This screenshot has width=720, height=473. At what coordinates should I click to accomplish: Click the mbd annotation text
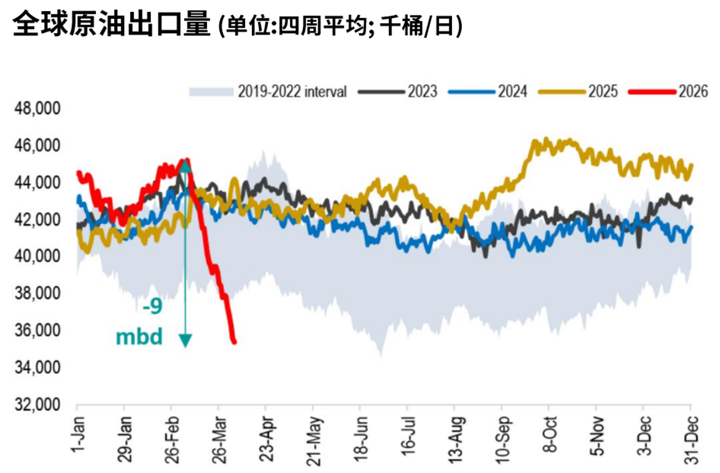tap(139, 337)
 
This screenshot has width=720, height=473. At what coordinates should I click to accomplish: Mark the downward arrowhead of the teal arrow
tap(185, 340)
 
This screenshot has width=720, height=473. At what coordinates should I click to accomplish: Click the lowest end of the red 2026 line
tap(234, 341)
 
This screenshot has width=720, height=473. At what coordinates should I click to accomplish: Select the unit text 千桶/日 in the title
tap(419, 26)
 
